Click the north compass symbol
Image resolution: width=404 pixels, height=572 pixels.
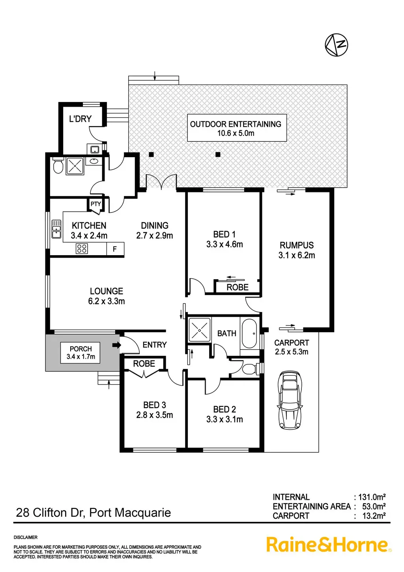pos(337,45)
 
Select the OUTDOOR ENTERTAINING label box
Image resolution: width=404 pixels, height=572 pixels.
pos(236,128)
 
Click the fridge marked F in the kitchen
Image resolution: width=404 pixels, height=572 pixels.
pos(115,249)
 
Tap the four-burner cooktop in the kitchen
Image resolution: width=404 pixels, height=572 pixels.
pos(82,249)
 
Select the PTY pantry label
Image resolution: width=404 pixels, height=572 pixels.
pos(95,204)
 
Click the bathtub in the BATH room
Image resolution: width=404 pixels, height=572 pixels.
pos(249,334)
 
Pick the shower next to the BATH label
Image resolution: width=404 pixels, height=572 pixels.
pos(200,329)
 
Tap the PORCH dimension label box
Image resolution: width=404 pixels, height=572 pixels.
pos(80,353)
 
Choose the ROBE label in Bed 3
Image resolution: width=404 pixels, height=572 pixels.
pos(144,364)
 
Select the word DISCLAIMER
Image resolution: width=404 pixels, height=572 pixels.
pos(26,537)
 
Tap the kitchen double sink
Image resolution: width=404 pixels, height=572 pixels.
pos(57,229)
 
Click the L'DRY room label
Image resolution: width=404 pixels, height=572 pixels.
pos(80,119)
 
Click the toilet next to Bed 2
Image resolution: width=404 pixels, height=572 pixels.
pos(249,369)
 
